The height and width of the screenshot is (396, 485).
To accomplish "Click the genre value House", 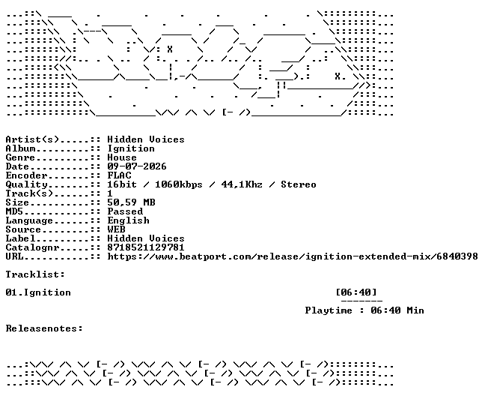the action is coord(122,157).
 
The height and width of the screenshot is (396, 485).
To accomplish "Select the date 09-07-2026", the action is coord(137,166).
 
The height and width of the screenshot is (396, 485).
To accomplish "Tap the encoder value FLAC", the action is coord(119,175).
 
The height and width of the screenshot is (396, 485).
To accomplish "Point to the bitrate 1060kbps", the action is coord(178,184).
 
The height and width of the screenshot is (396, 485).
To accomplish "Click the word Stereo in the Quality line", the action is coord(299,184).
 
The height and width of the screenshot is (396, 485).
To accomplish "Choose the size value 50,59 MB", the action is coord(131,202).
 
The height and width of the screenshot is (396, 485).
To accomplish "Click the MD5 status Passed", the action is coord(125,211).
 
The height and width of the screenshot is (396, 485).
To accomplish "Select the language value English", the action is coord(128,220).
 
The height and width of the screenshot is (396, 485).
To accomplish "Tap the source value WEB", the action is coord(116,229).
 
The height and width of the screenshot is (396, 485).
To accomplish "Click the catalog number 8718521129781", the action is coord(146,247).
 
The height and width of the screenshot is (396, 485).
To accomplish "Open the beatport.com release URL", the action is coord(293,256).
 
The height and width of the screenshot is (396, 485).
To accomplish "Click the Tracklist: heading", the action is coord(35,274).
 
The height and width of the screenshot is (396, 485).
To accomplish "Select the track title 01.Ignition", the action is coord(38,292).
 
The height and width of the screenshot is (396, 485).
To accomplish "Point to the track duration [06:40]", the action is coord(356,292).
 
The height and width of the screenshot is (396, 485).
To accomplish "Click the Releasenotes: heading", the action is coord(44,328).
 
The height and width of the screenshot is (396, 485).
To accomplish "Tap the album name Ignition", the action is coord(131,148).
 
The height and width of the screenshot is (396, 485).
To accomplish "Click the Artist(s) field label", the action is coord(32,139).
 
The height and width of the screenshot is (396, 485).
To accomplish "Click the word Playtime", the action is coord(329,310).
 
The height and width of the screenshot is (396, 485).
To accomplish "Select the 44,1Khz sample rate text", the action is coord(242,184).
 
